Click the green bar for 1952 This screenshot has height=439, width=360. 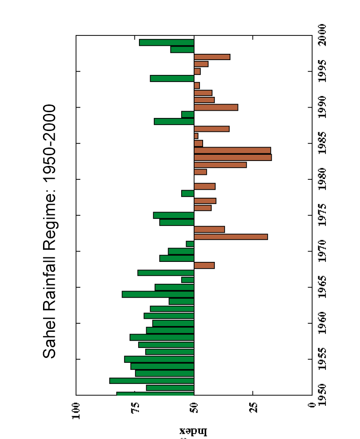[x=152, y=381]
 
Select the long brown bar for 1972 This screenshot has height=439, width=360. [x=230, y=237]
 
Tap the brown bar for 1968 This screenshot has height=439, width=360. [x=204, y=265]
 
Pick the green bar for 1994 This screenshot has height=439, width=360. [x=172, y=78]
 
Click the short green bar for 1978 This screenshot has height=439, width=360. [x=187, y=193]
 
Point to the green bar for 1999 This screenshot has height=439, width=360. [x=167, y=42]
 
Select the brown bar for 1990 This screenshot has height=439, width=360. [x=216, y=107]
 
